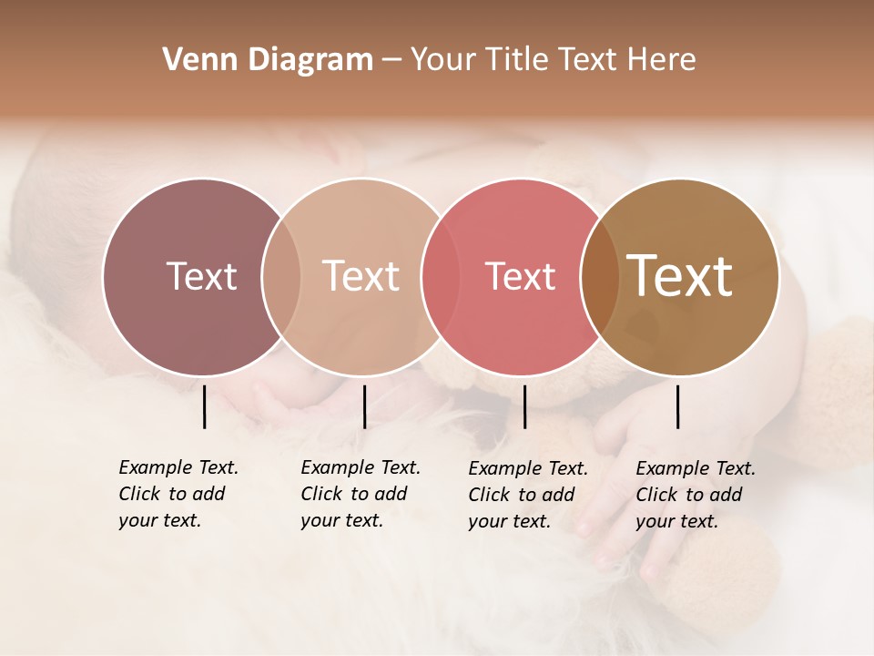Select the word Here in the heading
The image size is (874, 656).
tap(663, 60)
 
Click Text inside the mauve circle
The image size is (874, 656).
tap(201, 276)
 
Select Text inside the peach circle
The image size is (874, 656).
tap(361, 276)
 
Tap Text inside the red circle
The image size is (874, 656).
tap(520, 276)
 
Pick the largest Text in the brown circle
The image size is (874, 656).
tap(680, 276)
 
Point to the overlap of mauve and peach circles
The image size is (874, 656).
tap(281, 276)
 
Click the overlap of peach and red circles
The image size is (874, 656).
tap(441, 276)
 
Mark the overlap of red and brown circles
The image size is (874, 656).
tap(599, 276)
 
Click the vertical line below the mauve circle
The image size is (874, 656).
tap(204, 406)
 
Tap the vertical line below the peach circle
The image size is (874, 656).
tap(364, 406)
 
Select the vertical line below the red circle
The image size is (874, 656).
tap(524, 406)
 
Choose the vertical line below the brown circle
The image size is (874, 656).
tap(677, 406)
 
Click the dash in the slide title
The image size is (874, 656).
tap(391, 61)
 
